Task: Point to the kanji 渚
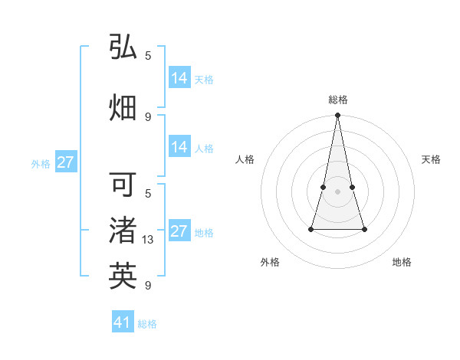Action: pos(123,230)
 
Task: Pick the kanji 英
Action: pos(123,276)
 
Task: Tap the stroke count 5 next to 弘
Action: pos(148,55)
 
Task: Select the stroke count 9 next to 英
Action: pos(148,286)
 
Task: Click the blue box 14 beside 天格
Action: pos(179,78)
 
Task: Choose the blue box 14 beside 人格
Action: pos(179,147)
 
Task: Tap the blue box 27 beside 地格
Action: pos(179,231)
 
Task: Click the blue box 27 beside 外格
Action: pos(65,162)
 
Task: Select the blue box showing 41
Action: pos(123,322)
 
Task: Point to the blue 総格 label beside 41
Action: pos(147,324)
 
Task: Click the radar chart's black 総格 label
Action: pos(338,100)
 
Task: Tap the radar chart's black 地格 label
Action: pos(402,262)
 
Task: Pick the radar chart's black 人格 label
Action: pos(245,159)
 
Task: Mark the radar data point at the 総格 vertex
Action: pos(338,116)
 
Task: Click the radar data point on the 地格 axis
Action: pos(364,229)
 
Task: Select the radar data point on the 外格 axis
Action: pos(311,229)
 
